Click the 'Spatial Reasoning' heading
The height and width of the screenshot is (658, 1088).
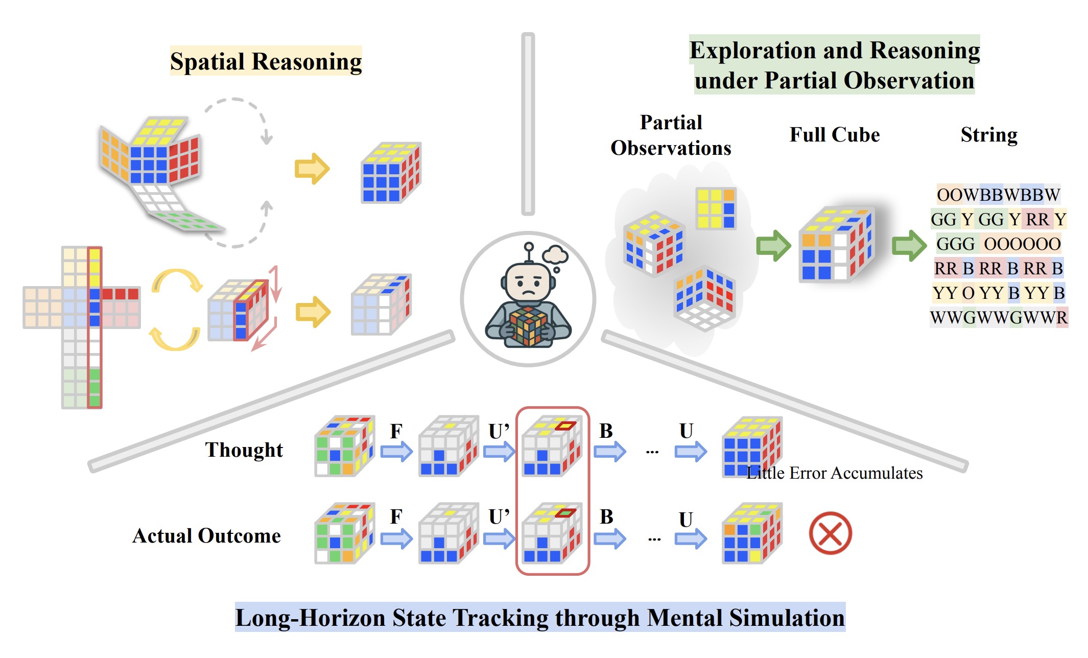(266, 61)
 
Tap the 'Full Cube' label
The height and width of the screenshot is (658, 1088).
(835, 135)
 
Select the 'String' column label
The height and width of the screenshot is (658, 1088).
(989, 135)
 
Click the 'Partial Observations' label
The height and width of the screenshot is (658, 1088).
(671, 135)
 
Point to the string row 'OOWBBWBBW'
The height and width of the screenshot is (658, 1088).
(999, 195)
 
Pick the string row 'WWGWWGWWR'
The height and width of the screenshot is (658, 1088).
(999, 317)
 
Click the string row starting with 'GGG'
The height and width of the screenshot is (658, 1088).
(999, 244)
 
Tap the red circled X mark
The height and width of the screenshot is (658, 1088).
(830, 533)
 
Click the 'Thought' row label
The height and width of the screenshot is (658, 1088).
(244, 450)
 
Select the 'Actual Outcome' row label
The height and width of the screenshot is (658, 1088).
(206, 535)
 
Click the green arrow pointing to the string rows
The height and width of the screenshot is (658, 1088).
(909, 246)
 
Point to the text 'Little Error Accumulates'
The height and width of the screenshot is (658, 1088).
(835, 473)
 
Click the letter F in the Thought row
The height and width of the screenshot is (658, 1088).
(396, 431)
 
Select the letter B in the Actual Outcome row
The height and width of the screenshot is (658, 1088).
(606, 516)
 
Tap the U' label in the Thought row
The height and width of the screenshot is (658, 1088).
(499, 431)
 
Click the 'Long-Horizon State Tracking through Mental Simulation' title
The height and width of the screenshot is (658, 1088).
(540, 618)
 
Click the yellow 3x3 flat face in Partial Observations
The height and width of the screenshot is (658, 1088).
(716, 208)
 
